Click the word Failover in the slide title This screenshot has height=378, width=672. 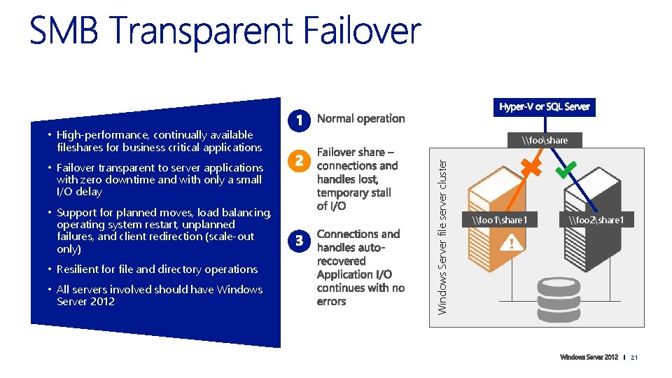tap(363, 31)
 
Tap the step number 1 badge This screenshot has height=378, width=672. tap(298, 120)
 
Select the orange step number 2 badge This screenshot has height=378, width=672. tap(298, 160)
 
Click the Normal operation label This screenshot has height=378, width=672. tap(360, 118)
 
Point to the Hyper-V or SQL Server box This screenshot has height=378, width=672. tap(545, 106)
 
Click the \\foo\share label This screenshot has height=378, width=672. tap(545, 140)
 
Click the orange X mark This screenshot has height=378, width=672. tap(531, 168)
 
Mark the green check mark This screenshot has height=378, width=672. tap(565, 168)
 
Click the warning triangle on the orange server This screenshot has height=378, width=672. tap(512, 243)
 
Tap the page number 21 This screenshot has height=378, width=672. tap(635, 358)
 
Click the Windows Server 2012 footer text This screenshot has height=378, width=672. tap(589, 358)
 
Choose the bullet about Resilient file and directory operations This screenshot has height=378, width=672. tap(157, 269)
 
